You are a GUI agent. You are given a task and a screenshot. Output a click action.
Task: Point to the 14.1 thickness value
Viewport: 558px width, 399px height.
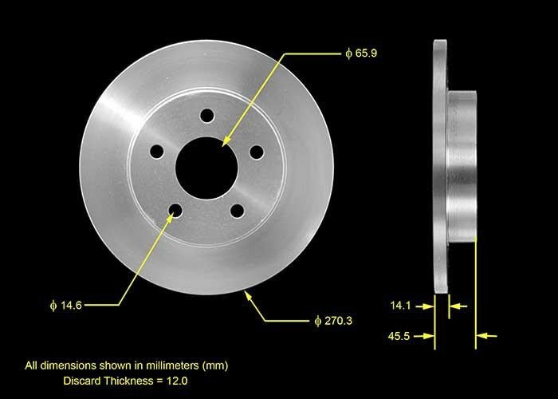pos(402,304)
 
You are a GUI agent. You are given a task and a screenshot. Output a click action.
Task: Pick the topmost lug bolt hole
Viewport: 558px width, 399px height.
pos(207,116)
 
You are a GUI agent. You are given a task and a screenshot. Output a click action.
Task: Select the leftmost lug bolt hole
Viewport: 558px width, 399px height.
pos(157,151)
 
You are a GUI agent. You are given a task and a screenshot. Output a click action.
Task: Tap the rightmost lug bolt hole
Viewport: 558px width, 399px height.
pos(256,152)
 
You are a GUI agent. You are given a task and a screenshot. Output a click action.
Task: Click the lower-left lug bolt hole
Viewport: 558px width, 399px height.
pos(175,210)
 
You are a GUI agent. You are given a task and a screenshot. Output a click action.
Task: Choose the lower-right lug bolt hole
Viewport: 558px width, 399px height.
pos(237,210)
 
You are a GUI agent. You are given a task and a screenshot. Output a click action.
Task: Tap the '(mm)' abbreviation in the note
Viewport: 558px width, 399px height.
pos(214,365)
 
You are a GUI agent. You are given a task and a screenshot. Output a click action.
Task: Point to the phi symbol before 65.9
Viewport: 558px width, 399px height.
pos(348,53)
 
